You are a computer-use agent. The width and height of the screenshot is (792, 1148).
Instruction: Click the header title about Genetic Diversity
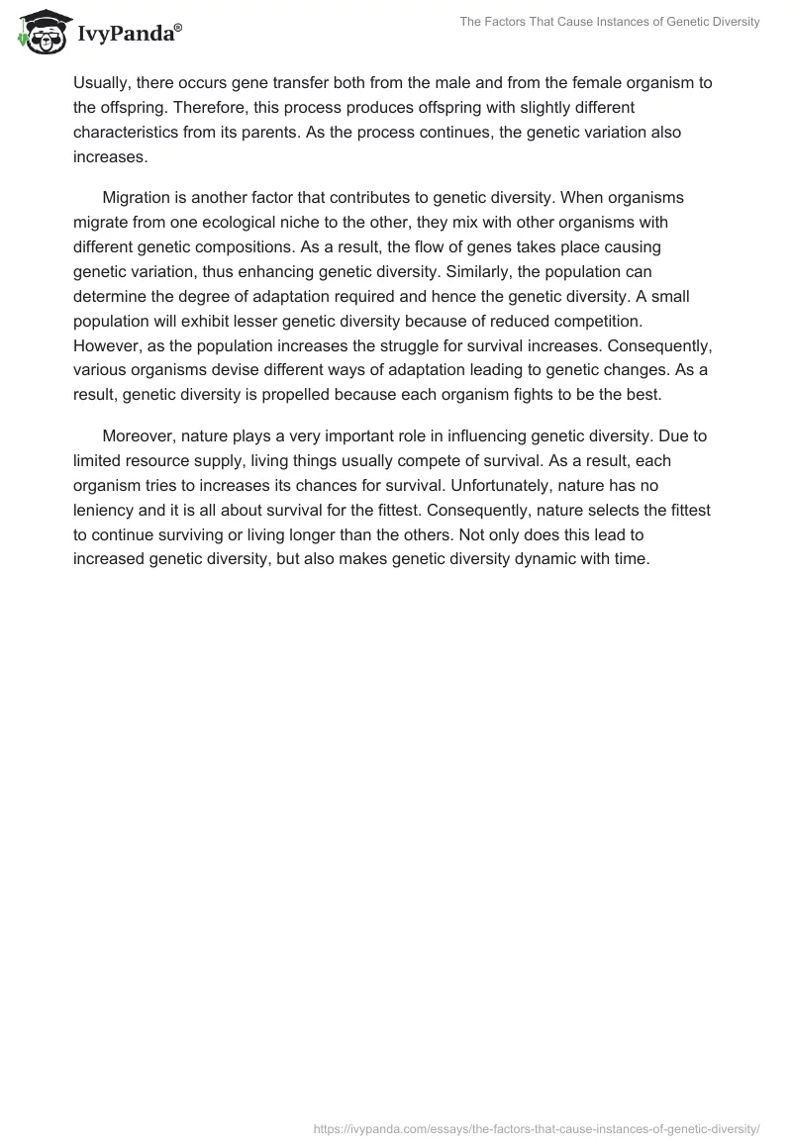(610, 22)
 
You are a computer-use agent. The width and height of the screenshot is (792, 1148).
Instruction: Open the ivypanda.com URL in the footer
(537, 1127)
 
